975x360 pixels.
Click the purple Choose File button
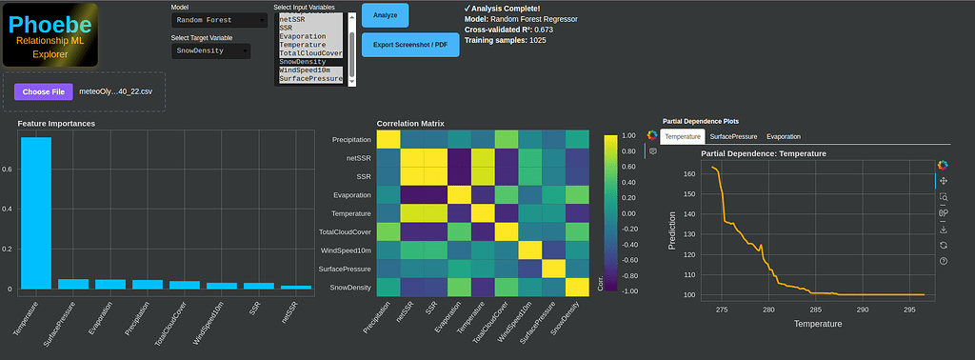tap(44, 91)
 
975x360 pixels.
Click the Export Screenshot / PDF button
tap(410, 44)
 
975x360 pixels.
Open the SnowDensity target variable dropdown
tap(210, 50)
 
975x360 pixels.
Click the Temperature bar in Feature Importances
tap(36, 212)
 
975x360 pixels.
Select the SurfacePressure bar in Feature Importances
tap(73, 283)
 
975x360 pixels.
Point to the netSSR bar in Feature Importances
tap(296, 287)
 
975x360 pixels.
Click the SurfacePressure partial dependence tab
tap(733, 137)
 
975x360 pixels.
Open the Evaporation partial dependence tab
tap(784, 137)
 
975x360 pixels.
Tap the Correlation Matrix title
tap(410, 124)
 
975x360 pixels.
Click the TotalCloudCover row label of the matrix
tap(344, 232)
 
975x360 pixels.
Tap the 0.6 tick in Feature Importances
tap(8, 170)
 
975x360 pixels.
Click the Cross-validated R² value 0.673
tap(544, 30)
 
